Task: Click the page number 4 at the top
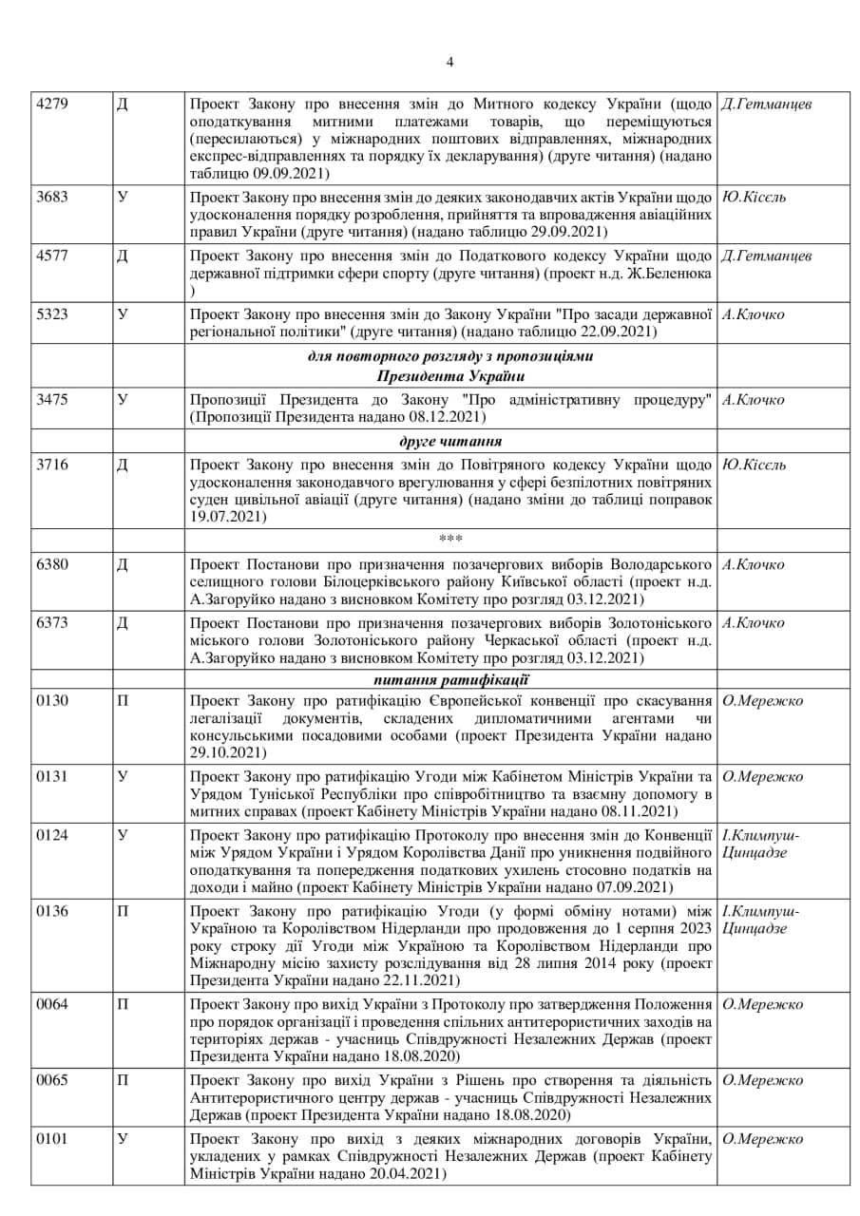(449, 63)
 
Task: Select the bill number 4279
(51, 104)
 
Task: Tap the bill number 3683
(51, 198)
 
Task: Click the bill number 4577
(51, 256)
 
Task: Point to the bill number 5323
(51, 315)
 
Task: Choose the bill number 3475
(51, 400)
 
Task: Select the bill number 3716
(51, 465)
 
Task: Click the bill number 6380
(51, 564)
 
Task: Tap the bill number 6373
(51, 623)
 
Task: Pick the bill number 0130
(51, 701)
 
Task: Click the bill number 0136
(51, 912)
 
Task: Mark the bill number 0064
(51, 1005)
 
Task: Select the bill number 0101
(51, 1139)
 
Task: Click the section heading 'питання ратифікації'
(450, 680)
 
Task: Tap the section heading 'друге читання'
(450, 442)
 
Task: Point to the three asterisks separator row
(450, 540)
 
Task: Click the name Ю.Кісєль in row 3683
(755, 198)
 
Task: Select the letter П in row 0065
(123, 1081)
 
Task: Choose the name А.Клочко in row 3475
(754, 400)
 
